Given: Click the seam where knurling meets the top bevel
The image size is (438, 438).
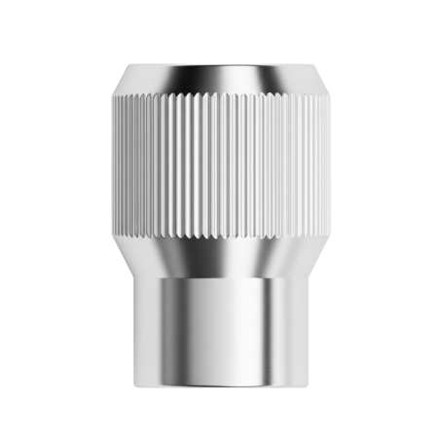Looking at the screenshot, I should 219,94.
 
